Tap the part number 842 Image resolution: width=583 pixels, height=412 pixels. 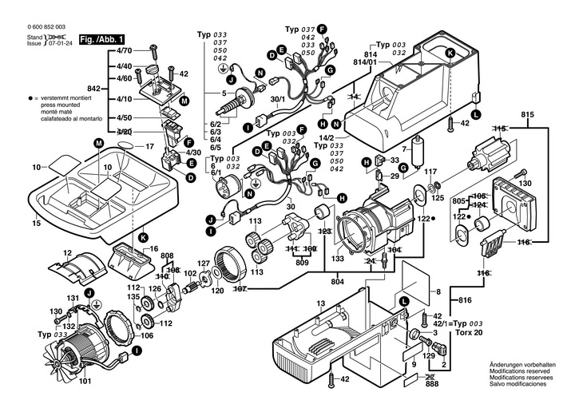(x=93, y=88)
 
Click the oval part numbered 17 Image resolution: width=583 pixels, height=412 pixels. (x=126, y=147)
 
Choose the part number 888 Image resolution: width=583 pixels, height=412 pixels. (x=432, y=383)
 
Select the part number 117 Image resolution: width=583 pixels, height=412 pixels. (x=430, y=172)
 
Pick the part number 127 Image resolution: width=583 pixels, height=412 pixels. (x=204, y=263)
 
